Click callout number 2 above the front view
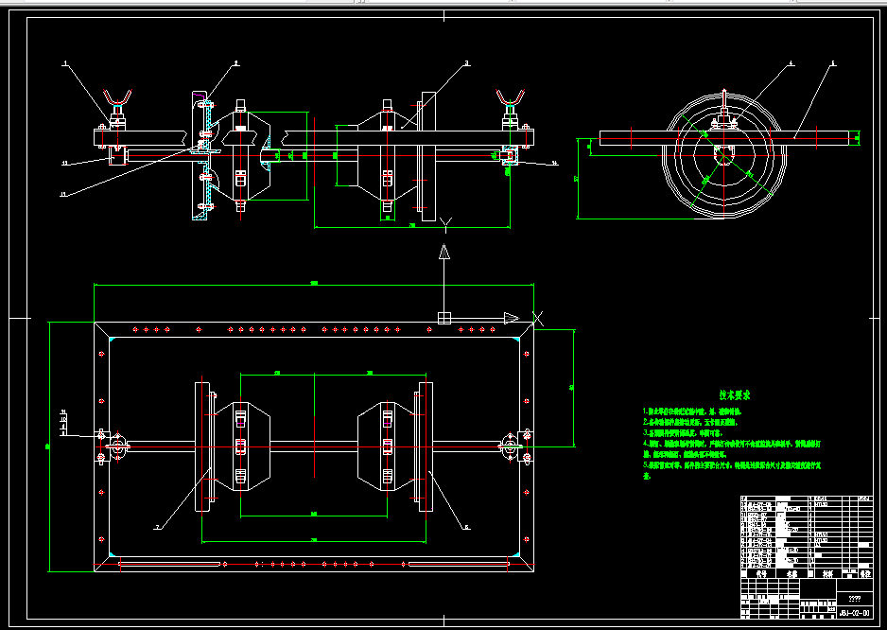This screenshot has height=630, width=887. click(x=236, y=63)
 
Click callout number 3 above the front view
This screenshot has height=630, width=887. click(x=466, y=63)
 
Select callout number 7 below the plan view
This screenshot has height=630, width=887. click(x=157, y=526)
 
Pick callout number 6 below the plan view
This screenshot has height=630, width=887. click(x=466, y=526)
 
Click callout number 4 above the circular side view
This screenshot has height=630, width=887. click(x=791, y=63)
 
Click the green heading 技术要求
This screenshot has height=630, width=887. click(x=734, y=396)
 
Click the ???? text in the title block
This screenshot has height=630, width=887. click(x=854, y=598)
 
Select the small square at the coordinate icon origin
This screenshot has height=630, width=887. click(x=444, y=318)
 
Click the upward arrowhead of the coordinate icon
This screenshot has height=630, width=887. click(x=443, y=252)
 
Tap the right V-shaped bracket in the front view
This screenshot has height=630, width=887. click(x=511, y=98)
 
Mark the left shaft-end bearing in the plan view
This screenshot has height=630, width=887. click(x=118, y=447)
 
